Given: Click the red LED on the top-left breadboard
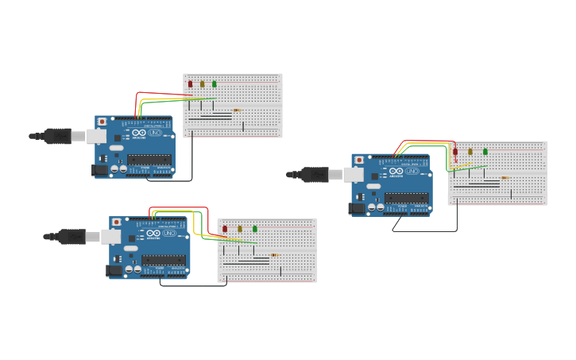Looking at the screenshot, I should coord(190,83).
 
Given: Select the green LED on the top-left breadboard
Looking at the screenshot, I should coord(214,83).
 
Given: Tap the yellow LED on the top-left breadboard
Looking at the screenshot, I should coord(202,83).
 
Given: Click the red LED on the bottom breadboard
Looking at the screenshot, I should coord(225,229).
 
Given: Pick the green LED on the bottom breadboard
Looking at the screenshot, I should coord(255,229).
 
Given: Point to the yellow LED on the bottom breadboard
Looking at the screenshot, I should coord(240,229).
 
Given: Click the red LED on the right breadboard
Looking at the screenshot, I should coord(455,151).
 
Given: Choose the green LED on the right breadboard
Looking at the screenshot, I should coord(485,151).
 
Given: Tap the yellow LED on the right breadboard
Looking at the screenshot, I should coord(470,151).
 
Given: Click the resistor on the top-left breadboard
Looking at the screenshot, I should coord(237,110).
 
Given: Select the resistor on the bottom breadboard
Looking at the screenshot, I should coord(274,255).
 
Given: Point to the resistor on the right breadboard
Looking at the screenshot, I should coord(504,178).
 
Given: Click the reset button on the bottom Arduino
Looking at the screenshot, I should coord(117,223).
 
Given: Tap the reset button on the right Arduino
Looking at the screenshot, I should coord(359,160).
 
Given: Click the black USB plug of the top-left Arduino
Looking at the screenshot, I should coord(57,136).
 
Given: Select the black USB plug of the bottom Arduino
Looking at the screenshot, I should coord(72,237).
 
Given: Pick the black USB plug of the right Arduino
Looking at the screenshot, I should coord(315,175).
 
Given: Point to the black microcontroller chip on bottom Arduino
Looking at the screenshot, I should coord(164,260).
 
